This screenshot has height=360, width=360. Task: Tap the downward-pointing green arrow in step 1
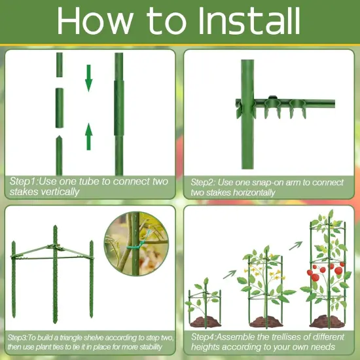click(89, 77)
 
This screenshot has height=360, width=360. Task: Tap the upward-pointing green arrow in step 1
click(89, 137)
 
